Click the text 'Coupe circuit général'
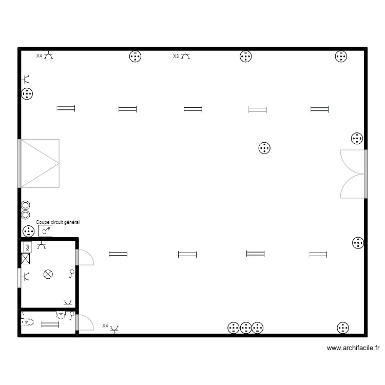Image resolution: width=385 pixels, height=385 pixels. [x=58, y=222]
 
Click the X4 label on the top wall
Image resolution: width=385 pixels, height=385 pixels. [x=39, y=56]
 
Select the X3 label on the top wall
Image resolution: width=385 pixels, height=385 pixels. [x=176, y=56]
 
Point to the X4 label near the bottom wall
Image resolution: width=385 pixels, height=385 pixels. [x=105, y=325]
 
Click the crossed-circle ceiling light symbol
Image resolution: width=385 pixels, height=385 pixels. [x=48, y=274]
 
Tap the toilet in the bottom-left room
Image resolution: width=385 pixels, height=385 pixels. [x=28, y=322]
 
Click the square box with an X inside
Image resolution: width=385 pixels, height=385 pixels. [x=26, y=259]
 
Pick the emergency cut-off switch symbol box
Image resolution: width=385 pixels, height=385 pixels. [x=45, y=231]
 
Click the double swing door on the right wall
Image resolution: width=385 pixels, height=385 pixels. [x=353, y=174]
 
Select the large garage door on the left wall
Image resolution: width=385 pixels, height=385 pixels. [x=40, y=163]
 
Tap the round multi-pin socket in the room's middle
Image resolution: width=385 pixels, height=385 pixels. [x=264, y=148]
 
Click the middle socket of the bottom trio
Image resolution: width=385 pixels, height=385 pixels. [x=246, y=328]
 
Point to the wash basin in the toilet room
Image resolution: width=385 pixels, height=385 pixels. [x=61, y=314]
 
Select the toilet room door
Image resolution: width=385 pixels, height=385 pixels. [x=85, y=323]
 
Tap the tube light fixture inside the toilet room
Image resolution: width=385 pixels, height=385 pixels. [x=50, y=324]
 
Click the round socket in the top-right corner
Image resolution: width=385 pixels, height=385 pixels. [x=341, y=56]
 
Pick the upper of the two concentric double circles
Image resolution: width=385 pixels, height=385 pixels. [x=25, y=205]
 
